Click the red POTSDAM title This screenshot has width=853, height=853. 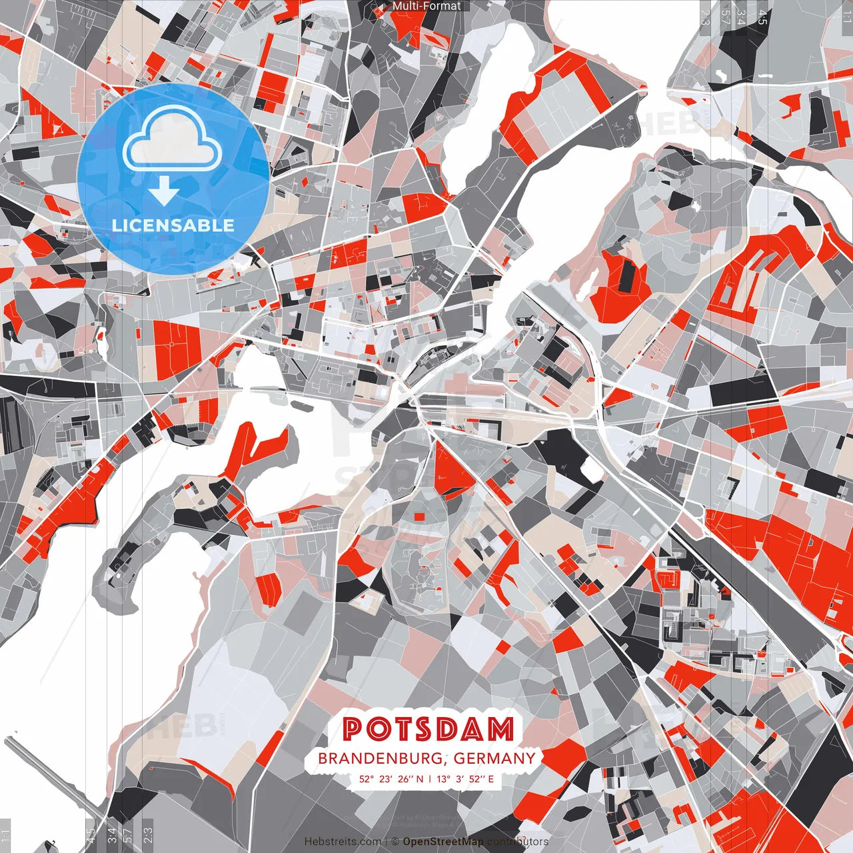coord(428,730)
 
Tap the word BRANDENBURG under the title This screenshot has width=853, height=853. coord(379,758)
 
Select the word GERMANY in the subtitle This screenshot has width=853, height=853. coord(494,758)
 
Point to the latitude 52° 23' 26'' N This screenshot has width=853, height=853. coord(391,778)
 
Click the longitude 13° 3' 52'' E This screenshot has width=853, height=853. coord(466,778)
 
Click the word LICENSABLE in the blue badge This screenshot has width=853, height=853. coord(173,225)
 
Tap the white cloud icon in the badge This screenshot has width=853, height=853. coord(173,139)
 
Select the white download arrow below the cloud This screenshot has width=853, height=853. coord(164,193)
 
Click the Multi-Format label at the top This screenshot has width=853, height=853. coord(426,6)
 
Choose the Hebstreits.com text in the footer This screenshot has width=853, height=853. coord(343,842)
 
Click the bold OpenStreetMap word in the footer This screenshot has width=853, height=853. coord(443,842)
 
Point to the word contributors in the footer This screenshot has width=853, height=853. coord(518,842)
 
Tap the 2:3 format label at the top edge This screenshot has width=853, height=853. coord(705,17)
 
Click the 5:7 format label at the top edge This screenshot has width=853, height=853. coord(726,17)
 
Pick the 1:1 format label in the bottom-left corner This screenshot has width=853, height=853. coord(6,836)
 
